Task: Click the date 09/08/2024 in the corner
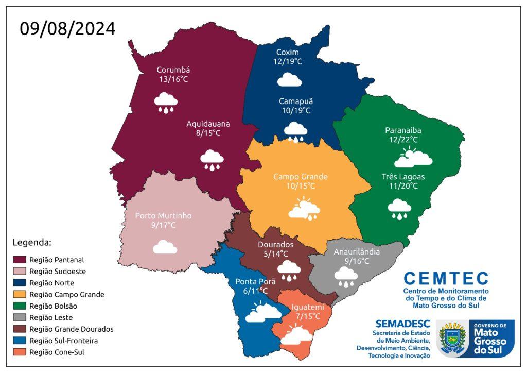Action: pos(67,28)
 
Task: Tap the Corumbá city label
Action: pos(173,70)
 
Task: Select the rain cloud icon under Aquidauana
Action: pos(212,159)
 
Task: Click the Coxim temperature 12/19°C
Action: pos(288,61)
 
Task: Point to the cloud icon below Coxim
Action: pos(289,79)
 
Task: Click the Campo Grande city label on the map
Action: pos(300,177)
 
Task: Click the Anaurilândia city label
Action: pos(357,252)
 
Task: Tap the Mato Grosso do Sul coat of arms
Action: pos(452,338)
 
